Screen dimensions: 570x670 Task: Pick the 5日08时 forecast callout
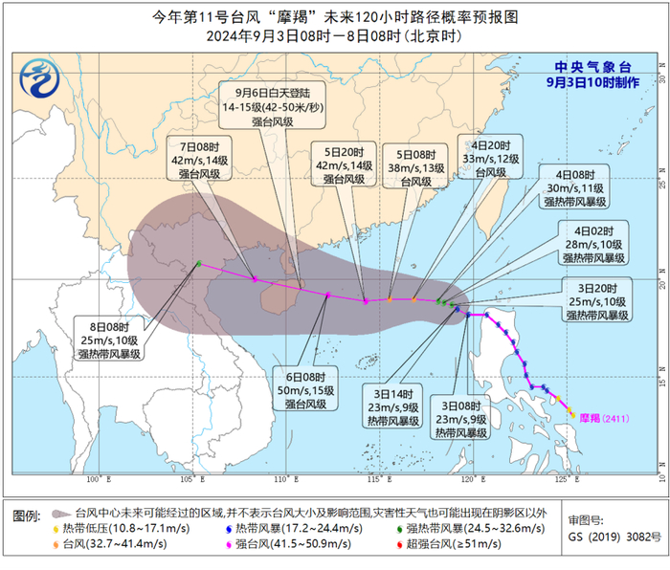[414, 164]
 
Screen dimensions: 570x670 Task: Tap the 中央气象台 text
[594, 66]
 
